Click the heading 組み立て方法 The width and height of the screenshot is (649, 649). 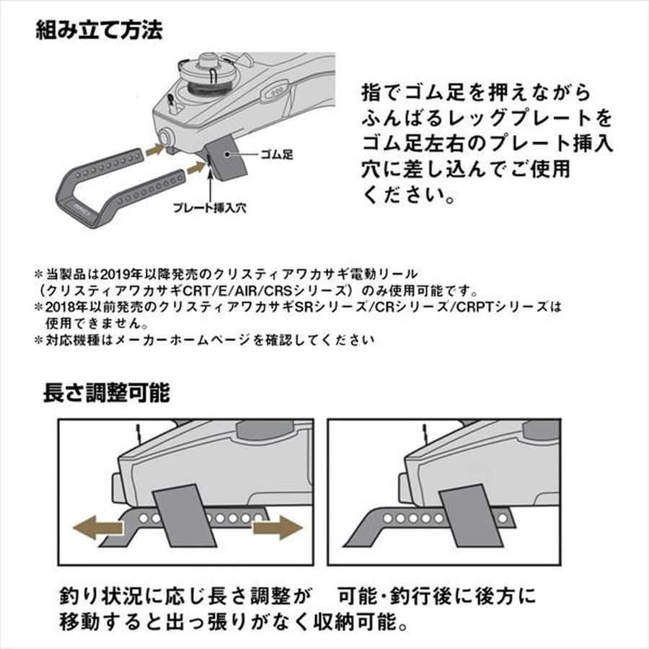tap(99, 32)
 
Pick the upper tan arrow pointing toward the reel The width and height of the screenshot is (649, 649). tap(153, 149)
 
